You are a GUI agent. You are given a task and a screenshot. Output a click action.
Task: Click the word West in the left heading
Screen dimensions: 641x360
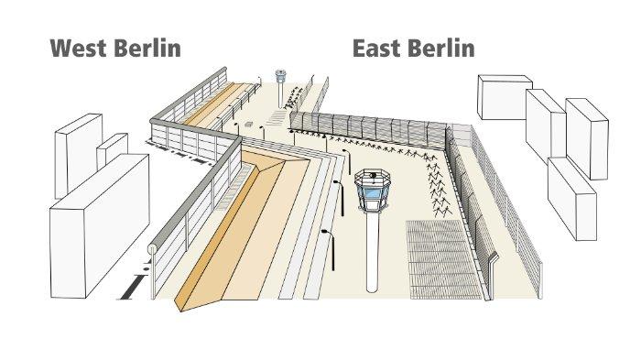coord(79,48)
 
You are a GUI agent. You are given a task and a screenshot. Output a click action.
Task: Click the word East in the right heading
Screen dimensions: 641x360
coord(379,48)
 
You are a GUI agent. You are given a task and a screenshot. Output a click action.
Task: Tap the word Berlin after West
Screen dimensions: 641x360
coord(147,48)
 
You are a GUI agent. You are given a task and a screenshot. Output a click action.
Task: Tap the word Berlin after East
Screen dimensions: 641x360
coord(440,48)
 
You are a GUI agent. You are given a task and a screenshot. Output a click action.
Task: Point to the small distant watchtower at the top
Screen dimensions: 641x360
coord(279,78)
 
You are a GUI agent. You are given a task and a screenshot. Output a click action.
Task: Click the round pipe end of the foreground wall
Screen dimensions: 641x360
coord(152,248)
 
